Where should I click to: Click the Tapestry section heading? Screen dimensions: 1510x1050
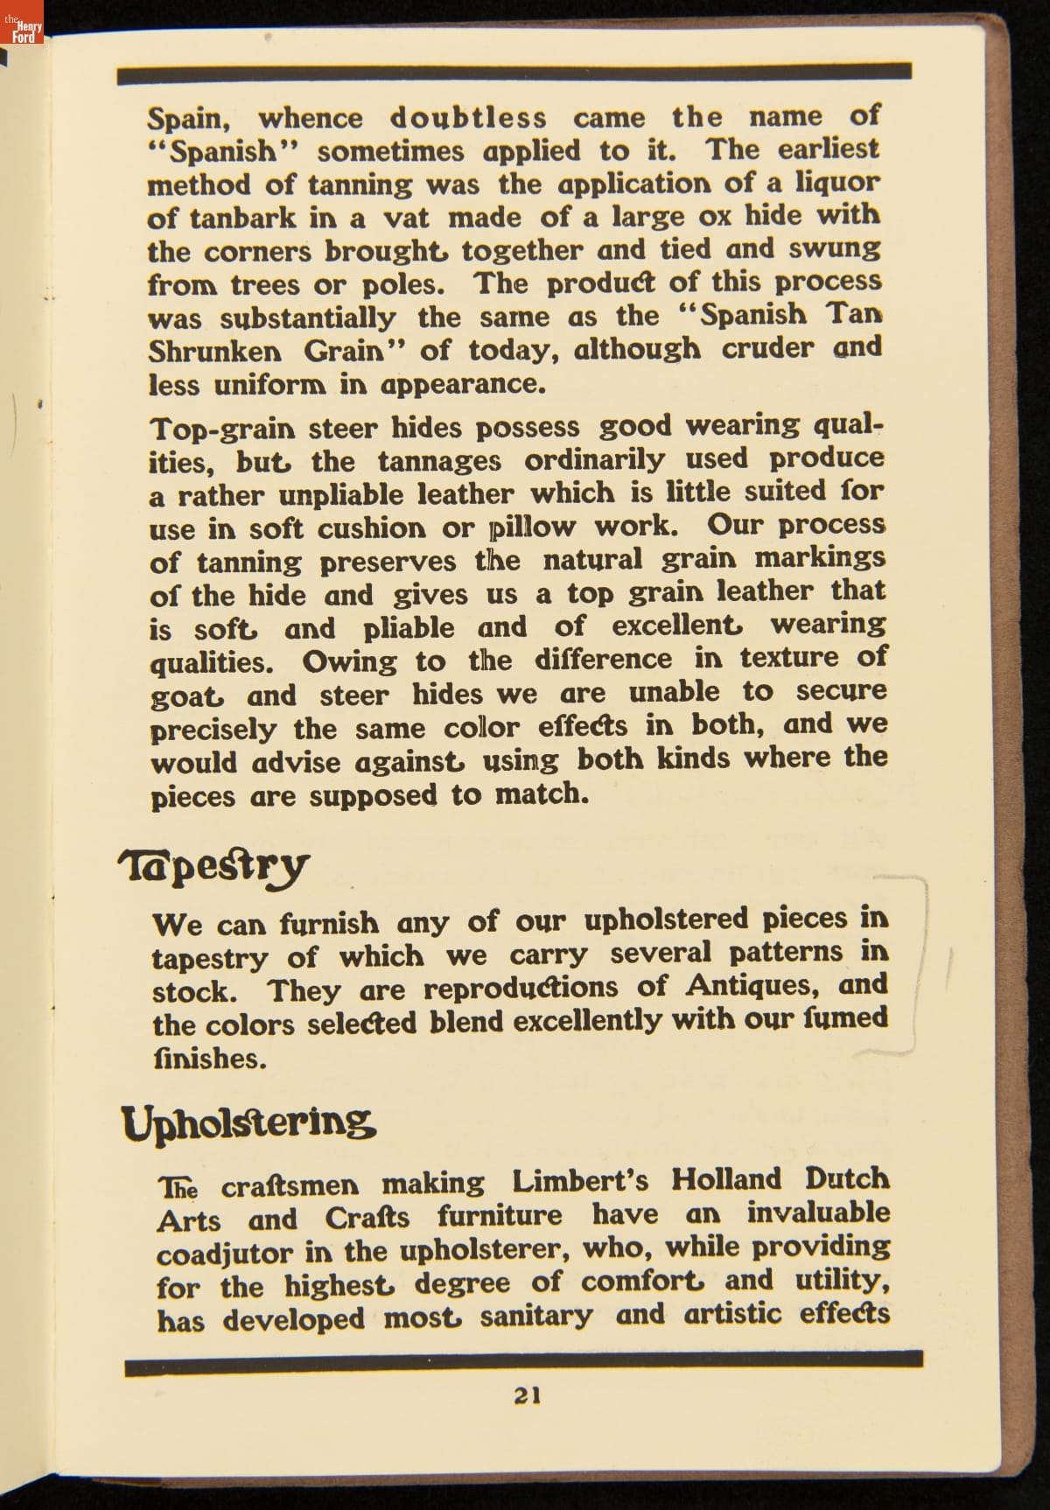pos(213,866)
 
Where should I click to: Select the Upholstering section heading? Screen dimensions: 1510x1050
pos(248,1122)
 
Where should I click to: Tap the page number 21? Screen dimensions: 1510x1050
pos(527,1395)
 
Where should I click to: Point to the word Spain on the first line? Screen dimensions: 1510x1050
pos(193,119)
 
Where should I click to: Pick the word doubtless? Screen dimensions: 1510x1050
pos(468,117)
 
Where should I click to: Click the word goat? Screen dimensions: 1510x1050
pos(186,696)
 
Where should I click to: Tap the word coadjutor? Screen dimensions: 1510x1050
pos(224,1253)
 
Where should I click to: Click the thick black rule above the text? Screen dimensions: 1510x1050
pos(514,73)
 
